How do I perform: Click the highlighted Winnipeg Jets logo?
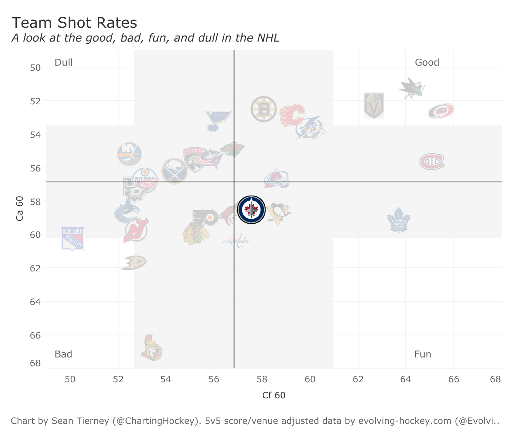click(x=251, y=210)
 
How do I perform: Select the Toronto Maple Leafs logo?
click(x=399, y=220)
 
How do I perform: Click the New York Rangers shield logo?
click(x=73, y=238)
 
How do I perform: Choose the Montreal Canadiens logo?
click(x=432, y=162)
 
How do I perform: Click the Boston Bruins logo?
click(x=263, y=109)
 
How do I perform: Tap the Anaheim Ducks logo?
click(x=134, y=263)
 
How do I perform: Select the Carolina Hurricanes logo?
click(x=441, y=111)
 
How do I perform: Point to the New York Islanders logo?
click(x=129, y=154)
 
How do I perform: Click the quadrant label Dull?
click(x=63, y=62)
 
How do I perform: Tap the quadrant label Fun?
click(x=422, y=354)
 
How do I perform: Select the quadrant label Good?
click(x=427, y=62)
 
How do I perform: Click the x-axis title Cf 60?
click(x=274, y=395)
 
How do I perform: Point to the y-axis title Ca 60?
click(x=20, y=208)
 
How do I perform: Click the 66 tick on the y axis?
click(x=36, y=335)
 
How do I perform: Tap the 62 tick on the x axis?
click(x=358, y=379)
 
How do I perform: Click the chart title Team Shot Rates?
click(x=74, y=23)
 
